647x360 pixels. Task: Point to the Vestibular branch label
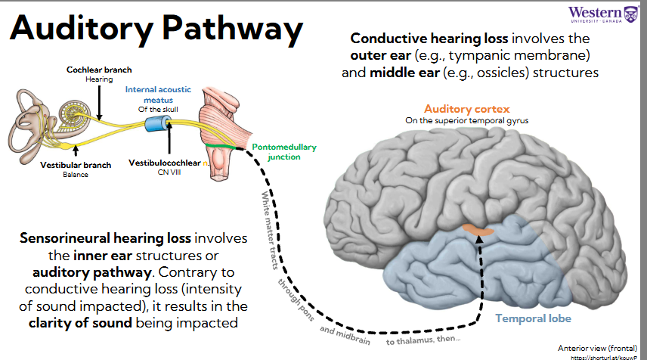(76, 164)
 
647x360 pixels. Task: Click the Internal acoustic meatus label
(160, 95)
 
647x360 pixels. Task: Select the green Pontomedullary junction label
(283, 152)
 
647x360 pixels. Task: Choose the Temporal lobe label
(534, 318)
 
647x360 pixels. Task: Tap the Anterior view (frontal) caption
(596, 347)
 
